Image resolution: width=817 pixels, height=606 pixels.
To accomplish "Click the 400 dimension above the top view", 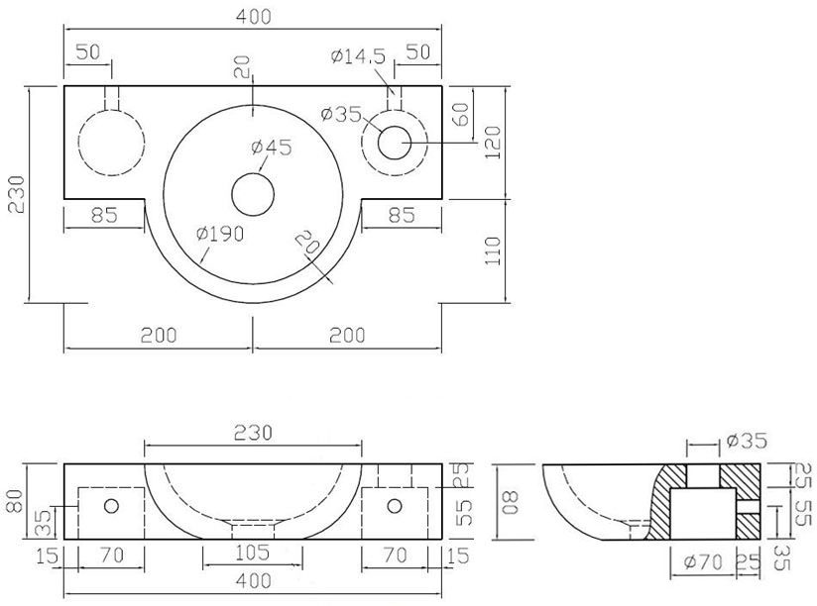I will coord(253,17).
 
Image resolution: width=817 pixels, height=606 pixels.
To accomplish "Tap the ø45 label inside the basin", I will coord(271,148).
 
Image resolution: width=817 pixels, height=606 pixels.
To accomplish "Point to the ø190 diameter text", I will coord(220,234).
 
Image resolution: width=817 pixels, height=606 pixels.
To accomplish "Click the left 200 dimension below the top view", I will coord(159,335).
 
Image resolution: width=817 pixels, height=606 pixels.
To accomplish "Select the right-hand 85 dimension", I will coord(402,214).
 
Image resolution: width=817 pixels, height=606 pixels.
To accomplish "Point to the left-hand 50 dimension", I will coord(88,53).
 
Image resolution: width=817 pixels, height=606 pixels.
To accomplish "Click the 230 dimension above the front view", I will coord(253,432).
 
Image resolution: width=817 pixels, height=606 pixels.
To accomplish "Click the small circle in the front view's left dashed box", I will coord(111,506).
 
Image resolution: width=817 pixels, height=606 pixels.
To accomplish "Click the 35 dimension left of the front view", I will coord(41,520).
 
